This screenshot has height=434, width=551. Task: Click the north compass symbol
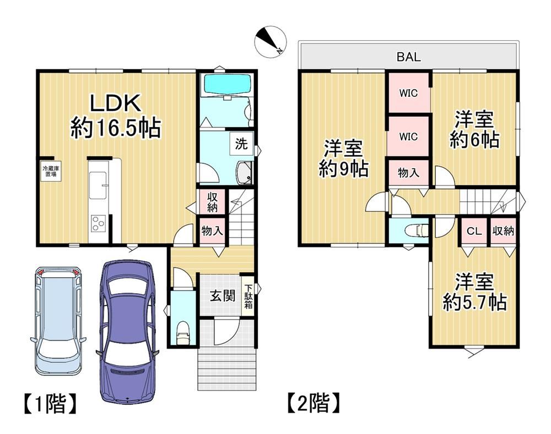(271, 42)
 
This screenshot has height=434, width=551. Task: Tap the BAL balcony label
(409, 57)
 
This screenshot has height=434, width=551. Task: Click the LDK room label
(116, 103)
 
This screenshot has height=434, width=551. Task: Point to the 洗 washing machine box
(241, 144)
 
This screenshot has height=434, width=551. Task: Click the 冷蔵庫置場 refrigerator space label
(51, 171)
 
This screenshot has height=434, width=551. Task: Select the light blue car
(58, 321)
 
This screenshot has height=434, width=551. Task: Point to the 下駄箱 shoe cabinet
(248, 296)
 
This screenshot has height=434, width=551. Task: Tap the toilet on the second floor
(417, 230)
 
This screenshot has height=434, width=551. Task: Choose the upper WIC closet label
(408, 94)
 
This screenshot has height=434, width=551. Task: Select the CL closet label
(474, 231)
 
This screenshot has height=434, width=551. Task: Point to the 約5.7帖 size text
(474, 302)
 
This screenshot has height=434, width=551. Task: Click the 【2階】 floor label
(314, 404)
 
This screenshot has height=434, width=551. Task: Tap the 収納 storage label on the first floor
(212, 202)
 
